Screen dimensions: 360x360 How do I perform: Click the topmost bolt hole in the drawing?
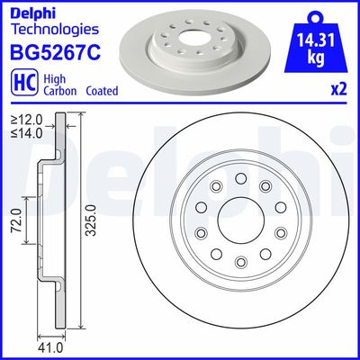tap(240, 178)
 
